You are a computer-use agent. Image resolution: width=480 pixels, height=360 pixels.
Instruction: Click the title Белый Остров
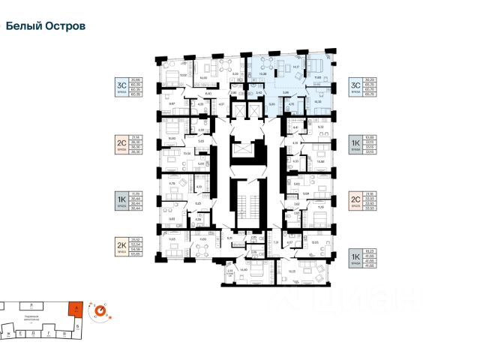pos(45,25)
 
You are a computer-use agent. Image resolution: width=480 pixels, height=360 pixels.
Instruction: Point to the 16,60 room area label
pos(242,268)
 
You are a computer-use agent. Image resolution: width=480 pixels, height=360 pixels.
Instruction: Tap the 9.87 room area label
pos(172,103)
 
